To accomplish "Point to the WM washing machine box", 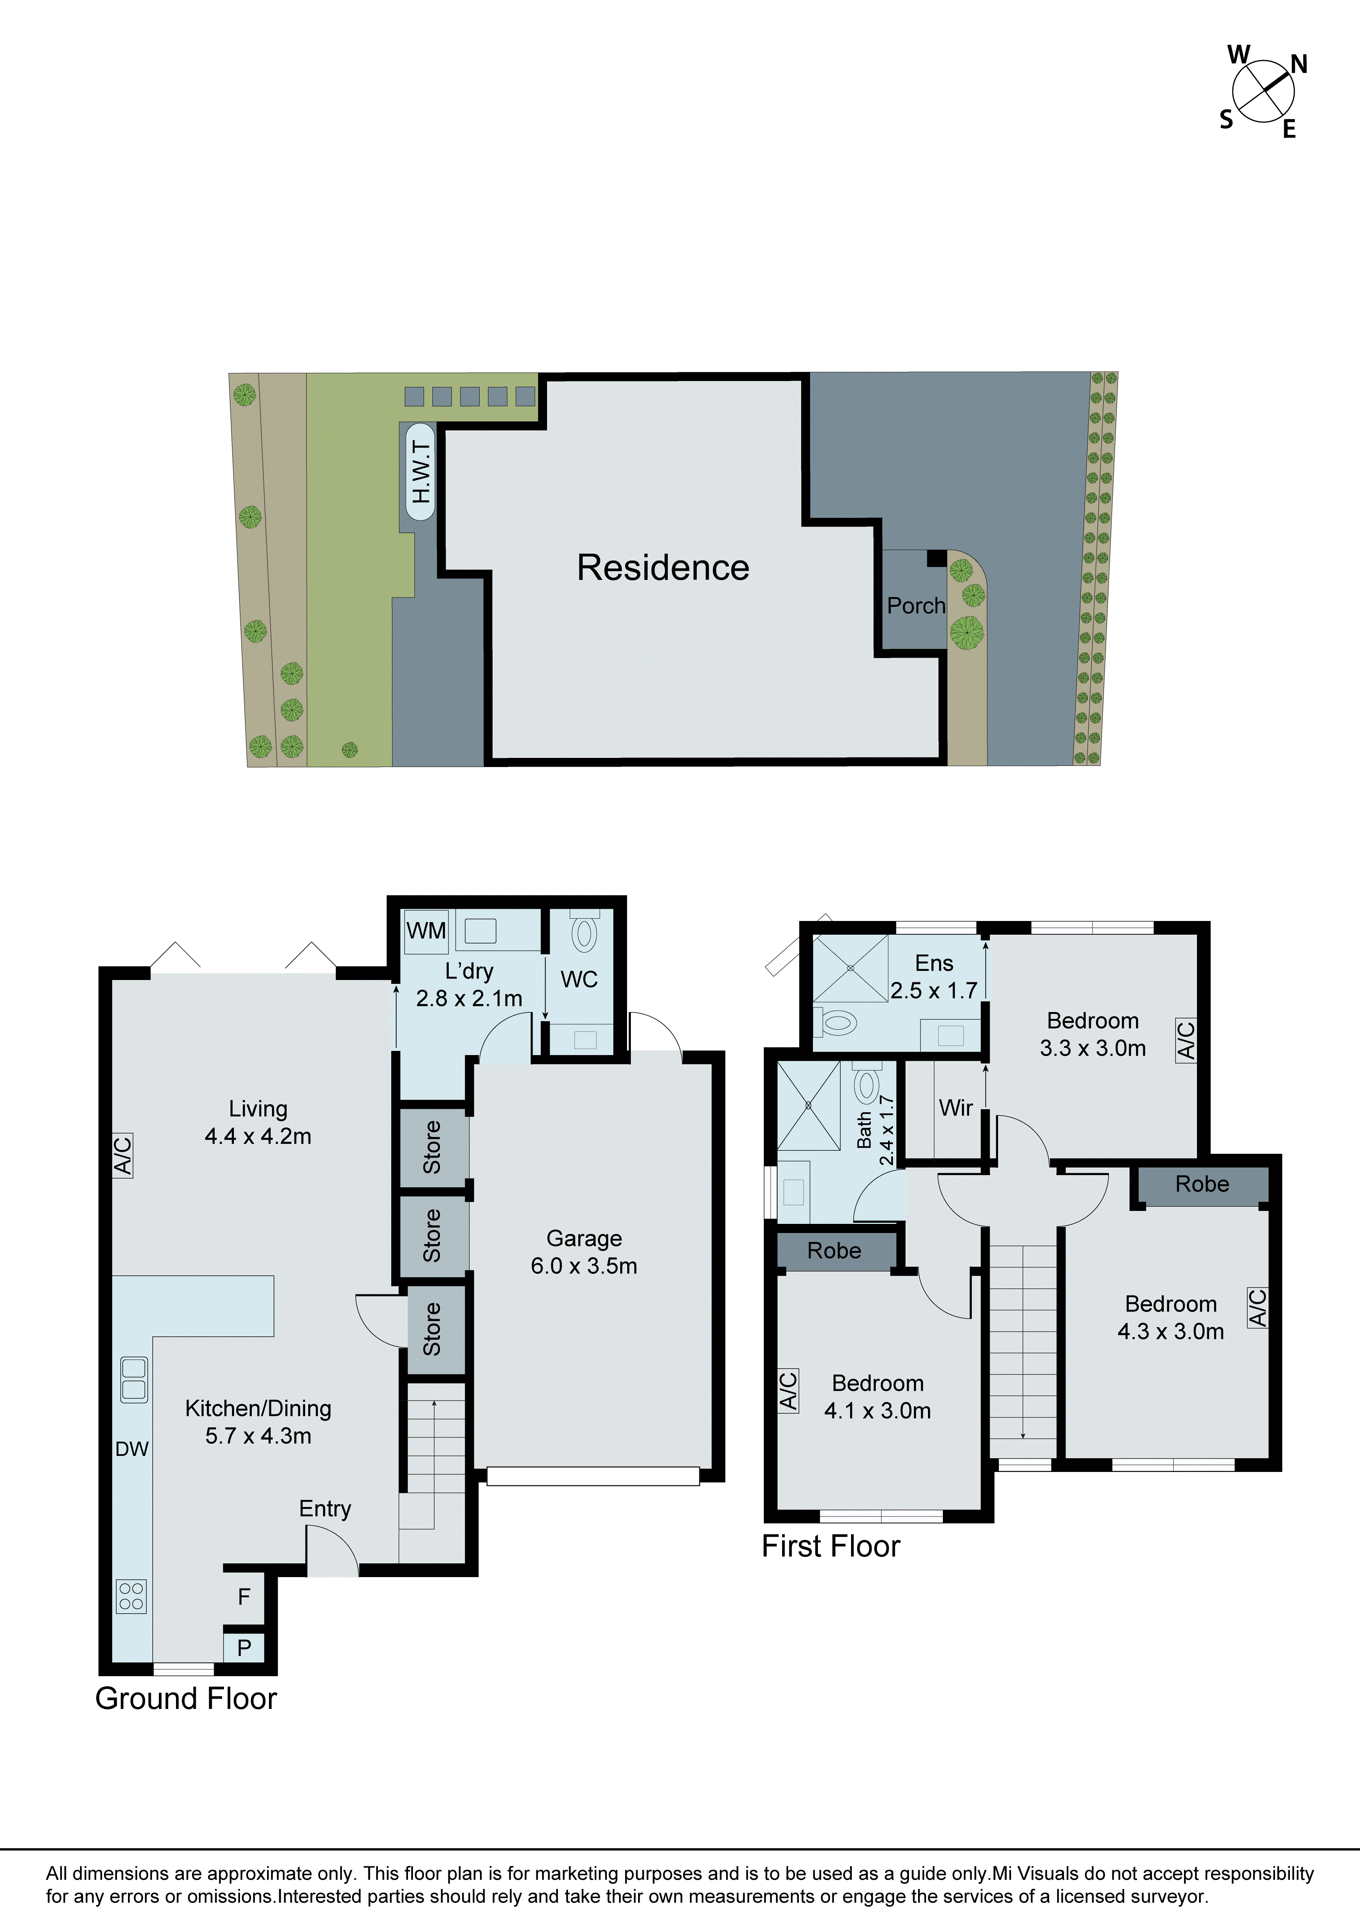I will pyautogui.click(x=426, y=930).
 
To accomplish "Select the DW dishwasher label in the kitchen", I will pyautogui.click(x=132, y=1449).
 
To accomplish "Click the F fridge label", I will pyautogui.click(x=244, y=1597).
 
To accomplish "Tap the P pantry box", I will pyautogui.click(x=244, y=1648).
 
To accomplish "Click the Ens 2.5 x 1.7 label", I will pyautogui.click(x=933, y=977).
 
